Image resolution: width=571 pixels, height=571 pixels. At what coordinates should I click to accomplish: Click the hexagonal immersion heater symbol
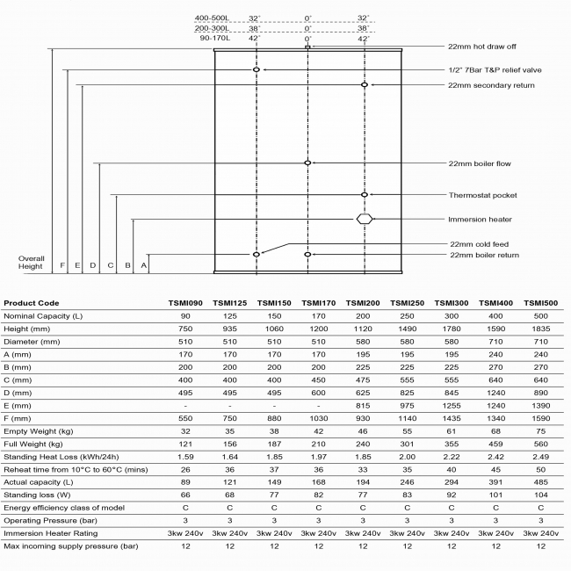(x=365, y=219)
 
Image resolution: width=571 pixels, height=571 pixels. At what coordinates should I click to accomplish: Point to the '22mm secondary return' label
(x=491, y=85)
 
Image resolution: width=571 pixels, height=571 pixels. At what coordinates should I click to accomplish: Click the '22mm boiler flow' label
(x=480, y=163)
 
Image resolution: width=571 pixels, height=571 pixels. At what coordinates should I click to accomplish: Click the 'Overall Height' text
(x=32, y=263)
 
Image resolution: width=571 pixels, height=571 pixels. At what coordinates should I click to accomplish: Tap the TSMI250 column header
(x=407, y=302)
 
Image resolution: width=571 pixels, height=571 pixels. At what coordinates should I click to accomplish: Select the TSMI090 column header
(x=185, y=302)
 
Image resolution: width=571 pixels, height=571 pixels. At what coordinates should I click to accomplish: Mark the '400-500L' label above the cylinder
(x=213, y=18)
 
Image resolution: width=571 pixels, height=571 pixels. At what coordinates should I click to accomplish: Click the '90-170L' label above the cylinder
(x=215, y=39)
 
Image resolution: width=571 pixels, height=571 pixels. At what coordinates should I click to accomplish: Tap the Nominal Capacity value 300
(x=452, y=314)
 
